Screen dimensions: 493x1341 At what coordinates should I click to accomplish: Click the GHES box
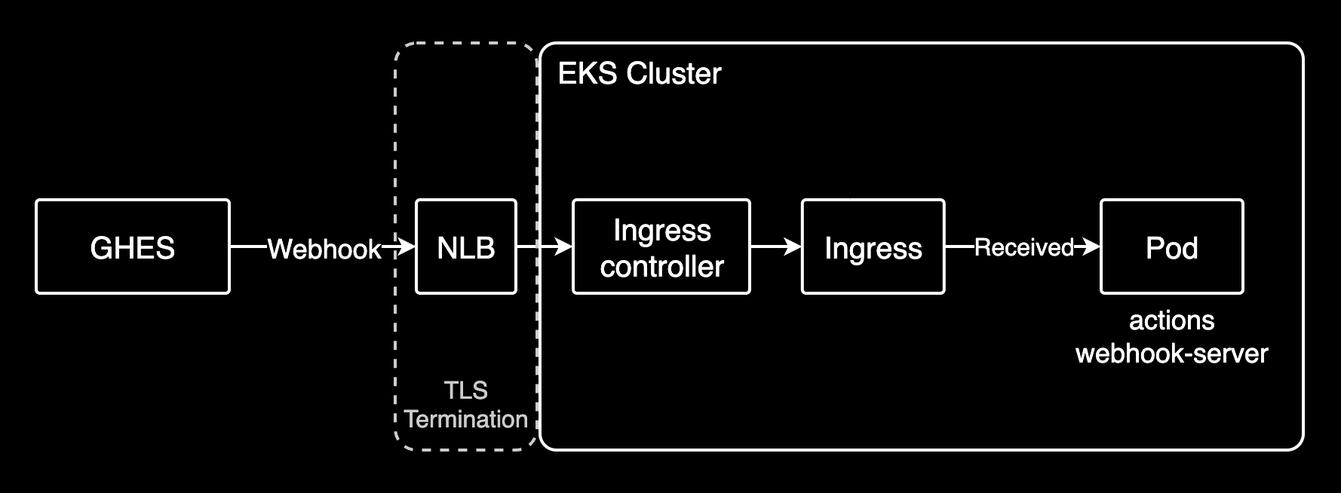click(133, 247)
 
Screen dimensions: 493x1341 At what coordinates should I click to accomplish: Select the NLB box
click(466, 247)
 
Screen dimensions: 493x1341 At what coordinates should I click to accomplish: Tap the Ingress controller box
click(661, 247)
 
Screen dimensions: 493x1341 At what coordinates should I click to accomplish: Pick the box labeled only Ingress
click(873, 247)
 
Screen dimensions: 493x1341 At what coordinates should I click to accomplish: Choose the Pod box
click(1171, 247)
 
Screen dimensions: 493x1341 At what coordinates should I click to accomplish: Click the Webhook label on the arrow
click(324, 249)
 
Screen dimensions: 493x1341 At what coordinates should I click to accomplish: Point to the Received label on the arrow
click(1023, 247)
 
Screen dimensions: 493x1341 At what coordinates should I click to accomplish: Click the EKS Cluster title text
click(640, 74)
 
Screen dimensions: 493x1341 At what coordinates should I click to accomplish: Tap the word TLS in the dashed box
click(466, 390)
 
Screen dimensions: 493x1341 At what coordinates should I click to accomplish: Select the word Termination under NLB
click(466, 419)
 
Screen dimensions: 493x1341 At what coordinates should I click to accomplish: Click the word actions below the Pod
click(1171, 321)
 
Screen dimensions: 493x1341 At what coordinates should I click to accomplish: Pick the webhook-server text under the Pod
click(1171, 354)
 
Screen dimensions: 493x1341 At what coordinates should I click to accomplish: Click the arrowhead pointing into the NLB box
click(407, 246)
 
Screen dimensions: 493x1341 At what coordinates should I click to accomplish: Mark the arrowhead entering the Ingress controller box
click(563, 246)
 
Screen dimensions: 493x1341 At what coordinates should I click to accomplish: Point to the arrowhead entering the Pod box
click(1091, 246)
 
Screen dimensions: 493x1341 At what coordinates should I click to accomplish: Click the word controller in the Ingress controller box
click(661, 267)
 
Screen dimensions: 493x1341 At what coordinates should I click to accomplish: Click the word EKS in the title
click(587, 74)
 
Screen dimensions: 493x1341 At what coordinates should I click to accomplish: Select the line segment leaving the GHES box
click(249, 246)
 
